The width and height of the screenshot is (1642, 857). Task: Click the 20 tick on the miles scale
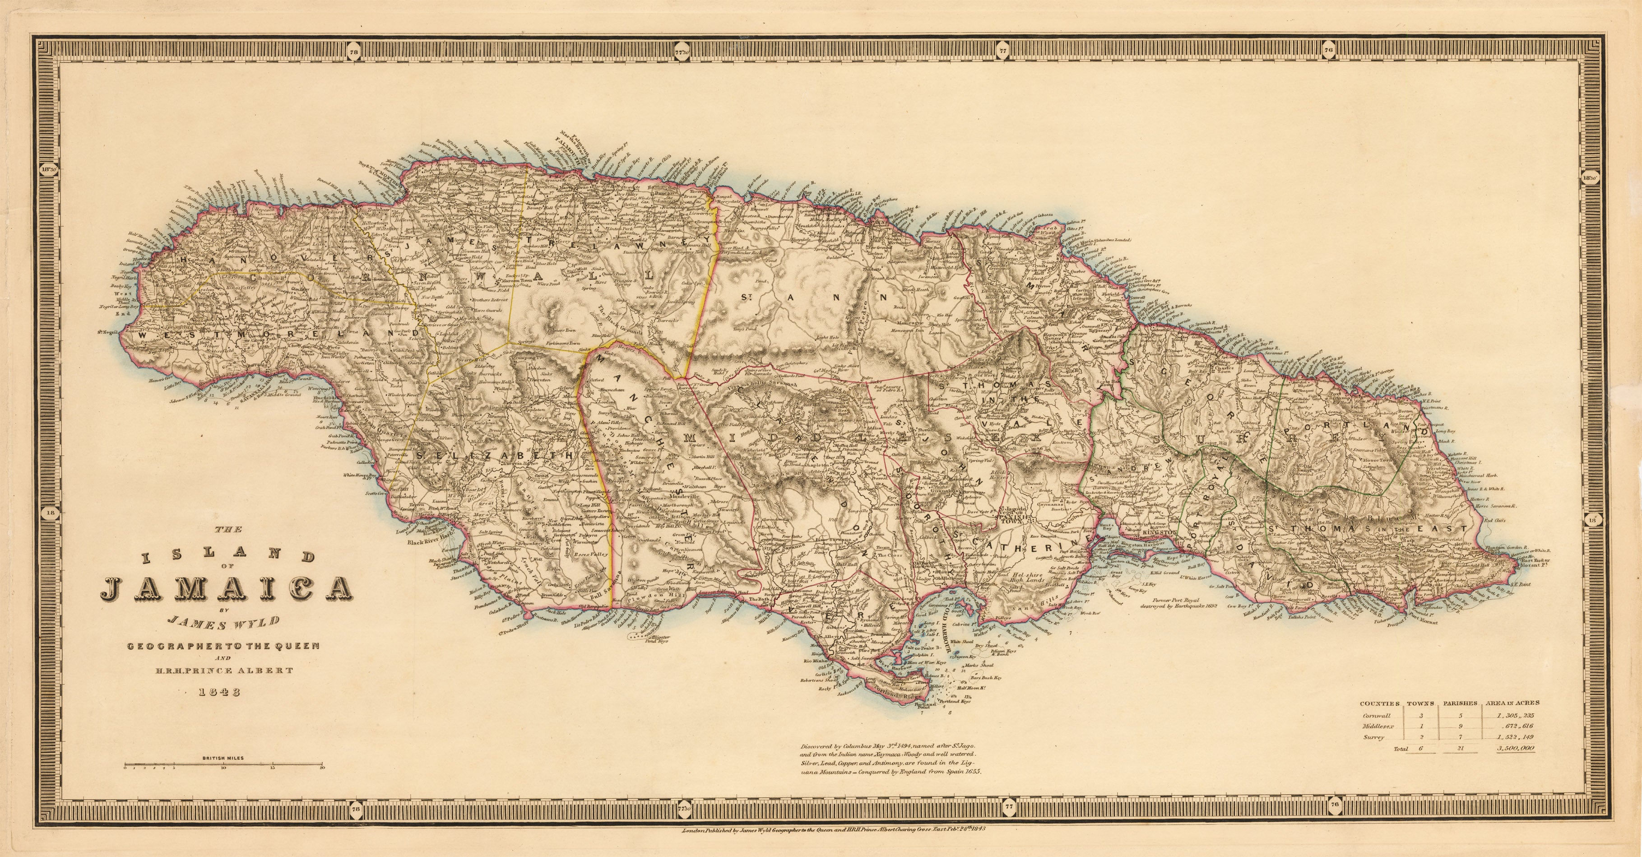[323, 769]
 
